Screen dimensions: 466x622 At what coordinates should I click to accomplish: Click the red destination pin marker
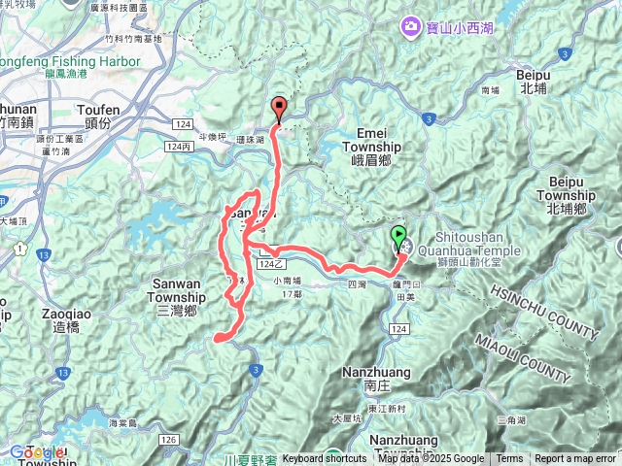(x=279, y=109)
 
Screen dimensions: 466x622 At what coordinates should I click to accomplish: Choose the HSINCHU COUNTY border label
(x=544, y=311)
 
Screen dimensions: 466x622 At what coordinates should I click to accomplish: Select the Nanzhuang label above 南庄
(x=376, y=372)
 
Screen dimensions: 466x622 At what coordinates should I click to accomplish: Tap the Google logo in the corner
(x=36, y=452)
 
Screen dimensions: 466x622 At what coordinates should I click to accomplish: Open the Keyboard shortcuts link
(x=325, y=459)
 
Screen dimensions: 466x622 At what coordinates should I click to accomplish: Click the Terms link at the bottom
(x=509, y=459)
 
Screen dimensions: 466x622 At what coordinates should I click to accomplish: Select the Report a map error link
(x=574, y=459)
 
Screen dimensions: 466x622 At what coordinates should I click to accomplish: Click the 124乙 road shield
(x=271, y=263)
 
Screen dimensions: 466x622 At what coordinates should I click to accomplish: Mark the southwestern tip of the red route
(x=217, y=339)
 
